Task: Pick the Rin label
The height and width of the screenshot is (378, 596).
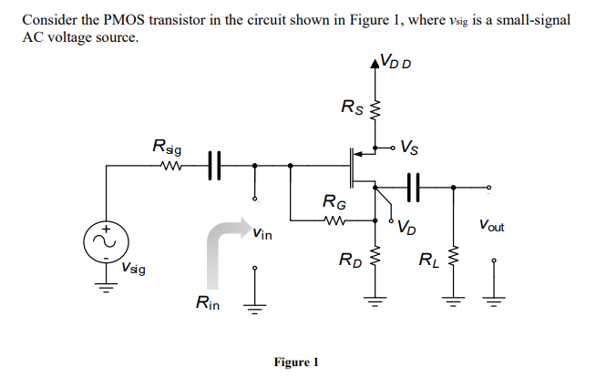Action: (208, 302)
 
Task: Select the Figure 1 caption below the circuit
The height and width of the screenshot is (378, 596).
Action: (296, 362)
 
